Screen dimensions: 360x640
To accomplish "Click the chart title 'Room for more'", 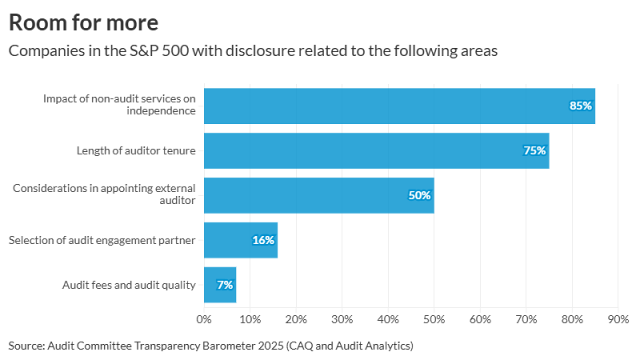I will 83,23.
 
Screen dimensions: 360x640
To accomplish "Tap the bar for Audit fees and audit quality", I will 219,285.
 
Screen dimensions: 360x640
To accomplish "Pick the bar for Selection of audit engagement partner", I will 240,240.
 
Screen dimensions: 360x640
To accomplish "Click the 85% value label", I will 580,106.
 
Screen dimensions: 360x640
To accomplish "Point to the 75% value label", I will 534,150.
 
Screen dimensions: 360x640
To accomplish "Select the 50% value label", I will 419,195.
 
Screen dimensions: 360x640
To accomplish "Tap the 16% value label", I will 263,240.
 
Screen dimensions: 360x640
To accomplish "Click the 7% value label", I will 224,285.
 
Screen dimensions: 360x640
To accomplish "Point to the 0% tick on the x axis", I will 204,319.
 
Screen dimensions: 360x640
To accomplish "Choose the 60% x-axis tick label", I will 480,319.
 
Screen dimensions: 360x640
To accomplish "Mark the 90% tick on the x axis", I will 618,319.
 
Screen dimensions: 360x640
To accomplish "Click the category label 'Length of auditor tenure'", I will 136,150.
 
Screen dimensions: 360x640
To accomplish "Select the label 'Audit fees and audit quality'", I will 128,285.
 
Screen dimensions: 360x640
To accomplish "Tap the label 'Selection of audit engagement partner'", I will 102,240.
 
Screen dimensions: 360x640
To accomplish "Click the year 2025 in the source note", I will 222,345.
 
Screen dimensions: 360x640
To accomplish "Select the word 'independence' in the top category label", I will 160,111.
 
